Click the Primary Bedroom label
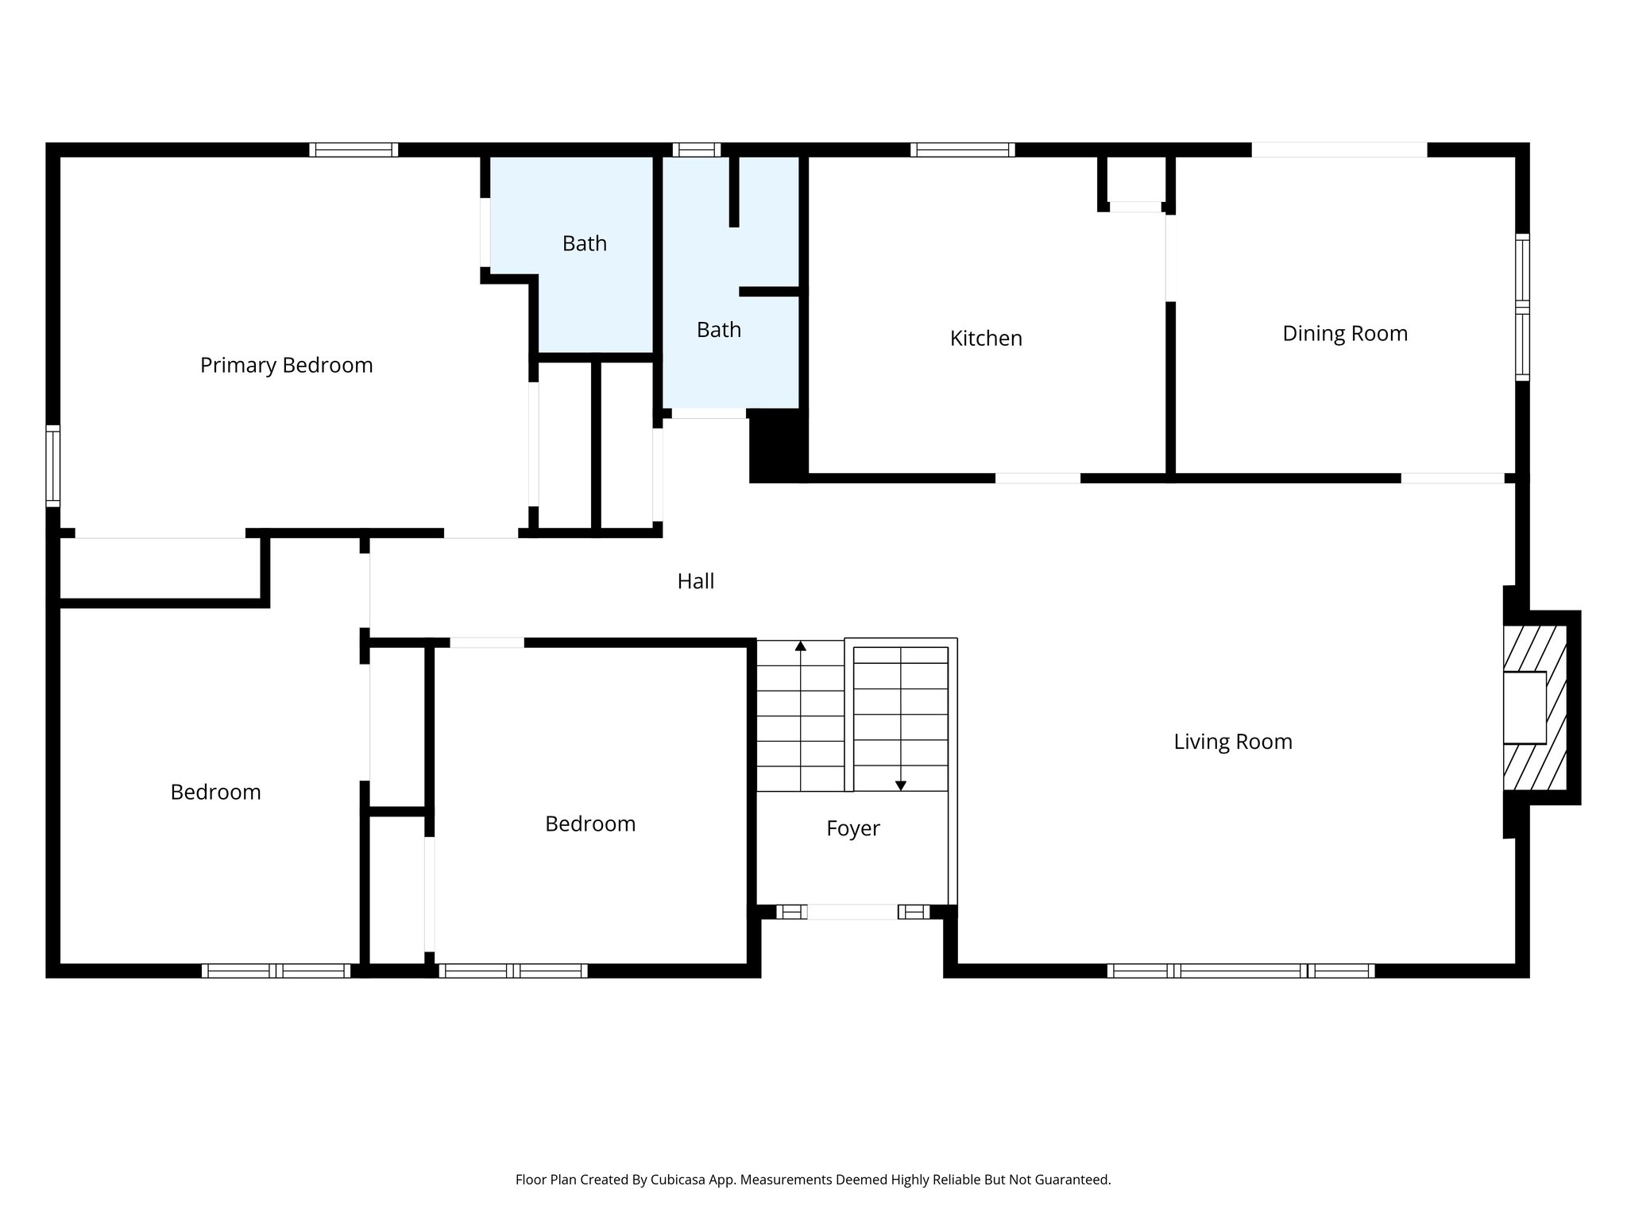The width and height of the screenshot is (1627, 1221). coord(286,365)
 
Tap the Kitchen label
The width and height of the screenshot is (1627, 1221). coord(985,338)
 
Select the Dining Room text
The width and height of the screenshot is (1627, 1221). coord(1344,333)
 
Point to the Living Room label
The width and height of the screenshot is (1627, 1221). coord(1232,742)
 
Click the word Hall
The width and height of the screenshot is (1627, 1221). coord(695,581)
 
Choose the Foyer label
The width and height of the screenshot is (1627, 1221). coord(852,828)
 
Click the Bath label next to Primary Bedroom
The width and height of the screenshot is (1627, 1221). coord(584,243)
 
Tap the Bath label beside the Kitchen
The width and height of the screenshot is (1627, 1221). coord(718,329)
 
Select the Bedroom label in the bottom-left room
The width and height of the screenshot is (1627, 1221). coord(215,792)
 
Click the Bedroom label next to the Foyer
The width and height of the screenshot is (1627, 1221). coord(589,824)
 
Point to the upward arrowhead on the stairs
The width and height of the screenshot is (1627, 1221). coord(800,646)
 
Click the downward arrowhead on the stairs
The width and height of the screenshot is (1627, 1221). coord(900,785)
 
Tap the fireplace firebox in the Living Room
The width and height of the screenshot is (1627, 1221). coord(1524,707)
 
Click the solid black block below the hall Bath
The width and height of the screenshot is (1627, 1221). coord(777,445)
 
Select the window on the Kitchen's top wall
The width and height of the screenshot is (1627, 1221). coord(962,149)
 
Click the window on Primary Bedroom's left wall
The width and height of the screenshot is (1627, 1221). coord(52,466)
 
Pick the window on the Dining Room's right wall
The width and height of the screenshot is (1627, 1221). coord(1521,307)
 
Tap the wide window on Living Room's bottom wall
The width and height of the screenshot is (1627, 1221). coord(1239,971)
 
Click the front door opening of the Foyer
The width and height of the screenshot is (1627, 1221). coord(852,912)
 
